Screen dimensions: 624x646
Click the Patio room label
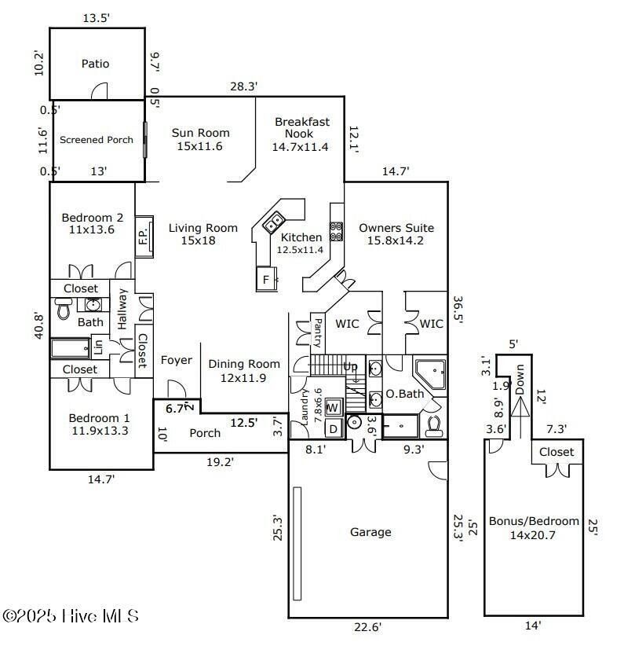tap(95, 64)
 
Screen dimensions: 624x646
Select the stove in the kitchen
tap(336, 232)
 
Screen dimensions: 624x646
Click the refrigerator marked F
tap(266, 279)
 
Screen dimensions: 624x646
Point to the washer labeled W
tap(333, 407)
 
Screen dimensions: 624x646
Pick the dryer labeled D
tap(333, 429)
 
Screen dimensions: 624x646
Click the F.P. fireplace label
tap(143, 237)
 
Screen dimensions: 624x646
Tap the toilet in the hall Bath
tap(64, 309)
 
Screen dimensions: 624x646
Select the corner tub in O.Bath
tap(430, 374)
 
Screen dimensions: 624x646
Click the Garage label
tap(370, 532)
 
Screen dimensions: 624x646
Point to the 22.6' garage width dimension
tap(367, 626)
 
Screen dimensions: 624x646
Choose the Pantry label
tap(318, 332)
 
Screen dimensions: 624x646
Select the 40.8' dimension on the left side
tap(38, 325)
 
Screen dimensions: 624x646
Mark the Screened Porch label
tap(97, 140)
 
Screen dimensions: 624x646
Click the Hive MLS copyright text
tap(70, 616)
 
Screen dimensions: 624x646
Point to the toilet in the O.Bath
tap(434, 426)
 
